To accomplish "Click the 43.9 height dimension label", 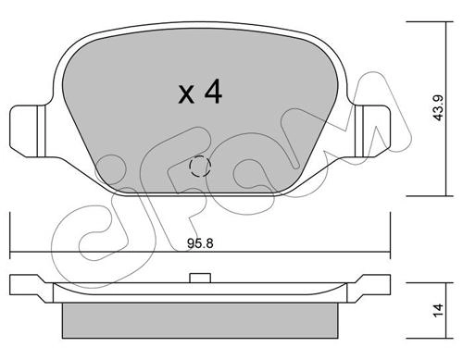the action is pos(438,107).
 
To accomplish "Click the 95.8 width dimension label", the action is pos(200,243).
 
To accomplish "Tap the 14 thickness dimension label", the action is pos(438,310).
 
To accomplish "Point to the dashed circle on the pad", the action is pos(200,167).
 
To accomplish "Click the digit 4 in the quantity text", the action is pos(213,91).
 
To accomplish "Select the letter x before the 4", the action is pos(186,94).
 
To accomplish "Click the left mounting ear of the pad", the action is pos(28,131).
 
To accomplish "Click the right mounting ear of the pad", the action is pos(372,131).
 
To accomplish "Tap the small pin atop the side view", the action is pos(200,278).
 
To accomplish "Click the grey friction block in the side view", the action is pos(200,320).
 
